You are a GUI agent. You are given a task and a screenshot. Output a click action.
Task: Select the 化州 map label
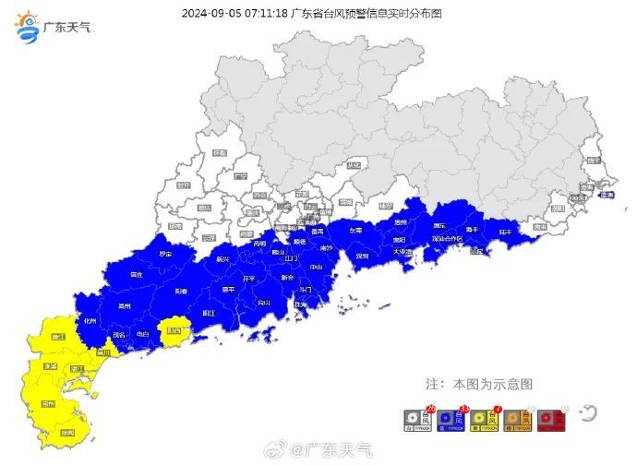90,320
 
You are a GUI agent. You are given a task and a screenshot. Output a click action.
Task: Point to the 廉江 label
58,338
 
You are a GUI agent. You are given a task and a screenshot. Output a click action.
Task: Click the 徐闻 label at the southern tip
66,432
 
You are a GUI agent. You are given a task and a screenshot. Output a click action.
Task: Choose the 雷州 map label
48,404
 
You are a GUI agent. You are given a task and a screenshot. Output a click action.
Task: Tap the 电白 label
142,333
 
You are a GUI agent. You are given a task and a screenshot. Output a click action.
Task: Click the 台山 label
264,302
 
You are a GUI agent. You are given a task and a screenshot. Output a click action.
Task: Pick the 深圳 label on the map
363,256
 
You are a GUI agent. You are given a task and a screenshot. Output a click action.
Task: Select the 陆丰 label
506,232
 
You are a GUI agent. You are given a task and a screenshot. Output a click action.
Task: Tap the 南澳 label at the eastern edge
606,195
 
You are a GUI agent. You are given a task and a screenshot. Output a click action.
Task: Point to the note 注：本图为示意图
478,383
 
